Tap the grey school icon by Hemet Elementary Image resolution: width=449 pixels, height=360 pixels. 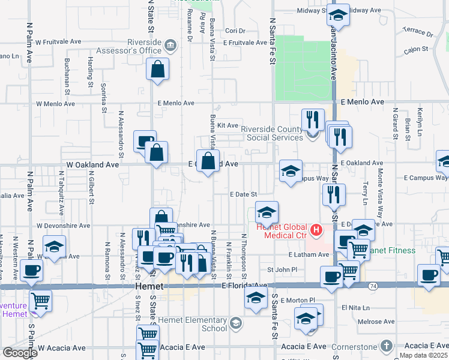pos(237,324)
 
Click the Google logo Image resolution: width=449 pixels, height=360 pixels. pos(20,353)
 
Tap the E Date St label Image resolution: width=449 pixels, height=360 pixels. pos(243,194)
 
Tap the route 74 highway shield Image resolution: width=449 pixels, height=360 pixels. pos(373,287)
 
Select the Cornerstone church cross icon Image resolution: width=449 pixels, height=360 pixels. pos(387,346)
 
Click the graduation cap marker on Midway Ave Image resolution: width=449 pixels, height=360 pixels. pos(339,15)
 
